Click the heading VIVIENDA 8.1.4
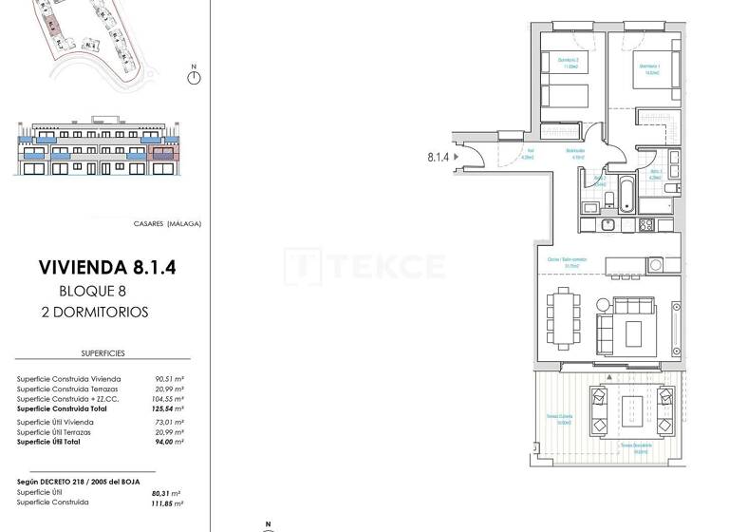(x=107, y=268)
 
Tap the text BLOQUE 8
(x=92, y=292)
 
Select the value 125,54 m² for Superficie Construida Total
(x=168, y=408)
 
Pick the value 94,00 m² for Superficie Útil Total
(x=168, y=442)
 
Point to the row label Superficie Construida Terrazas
(x=69, y=389)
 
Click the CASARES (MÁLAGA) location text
(x=167, y=224)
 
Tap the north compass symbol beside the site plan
(x=194, y=76)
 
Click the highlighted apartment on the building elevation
(x=164, y=152)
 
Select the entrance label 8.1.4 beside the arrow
(x=439, y=158)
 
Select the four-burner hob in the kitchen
(x=646, y=225)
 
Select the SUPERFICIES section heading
(x=103, y=353)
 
